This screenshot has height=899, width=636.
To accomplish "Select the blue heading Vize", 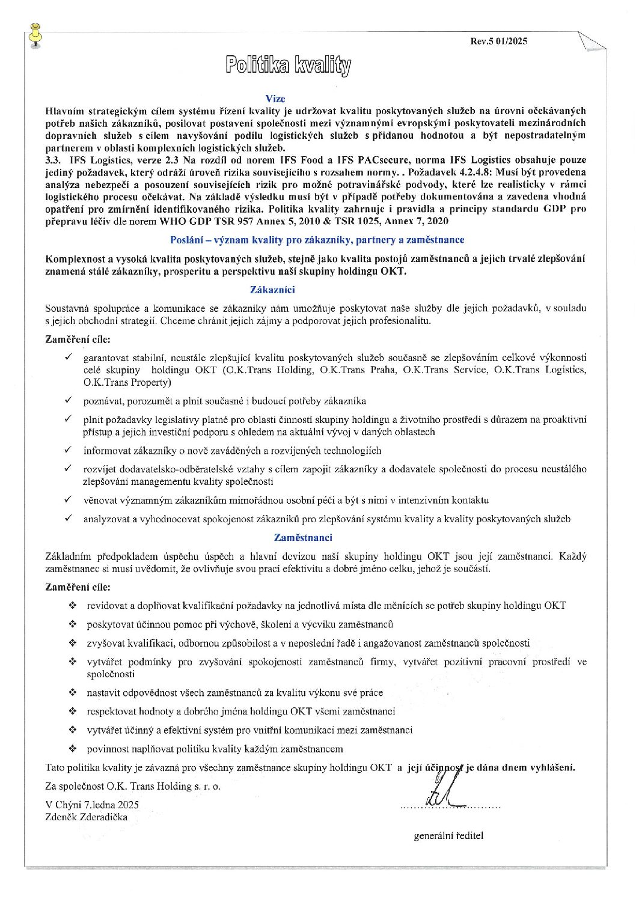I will pos(275,99).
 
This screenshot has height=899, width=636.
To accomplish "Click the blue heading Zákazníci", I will pos(275,289).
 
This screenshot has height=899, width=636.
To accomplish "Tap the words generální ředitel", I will pos(448,835).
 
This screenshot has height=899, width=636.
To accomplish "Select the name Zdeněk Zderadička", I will pos(86,817).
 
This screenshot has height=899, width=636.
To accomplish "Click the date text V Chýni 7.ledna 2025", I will pos(92,805).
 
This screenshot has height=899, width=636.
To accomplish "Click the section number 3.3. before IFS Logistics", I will pos(54,160).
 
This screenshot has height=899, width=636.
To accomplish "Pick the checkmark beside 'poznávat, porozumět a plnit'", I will pos(69,400).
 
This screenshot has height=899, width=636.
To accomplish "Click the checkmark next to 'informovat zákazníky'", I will pos(69,449).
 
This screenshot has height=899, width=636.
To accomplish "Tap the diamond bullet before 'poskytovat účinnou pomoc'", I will pos(73,624).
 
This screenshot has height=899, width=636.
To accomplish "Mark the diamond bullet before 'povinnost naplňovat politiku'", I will pos(73,749).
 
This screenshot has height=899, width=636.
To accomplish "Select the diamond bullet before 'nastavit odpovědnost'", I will pos(73,692).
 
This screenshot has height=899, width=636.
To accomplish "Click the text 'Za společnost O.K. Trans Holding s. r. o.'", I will pos(133,785).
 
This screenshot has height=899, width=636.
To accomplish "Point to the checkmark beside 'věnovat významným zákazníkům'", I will pos(69,499).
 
